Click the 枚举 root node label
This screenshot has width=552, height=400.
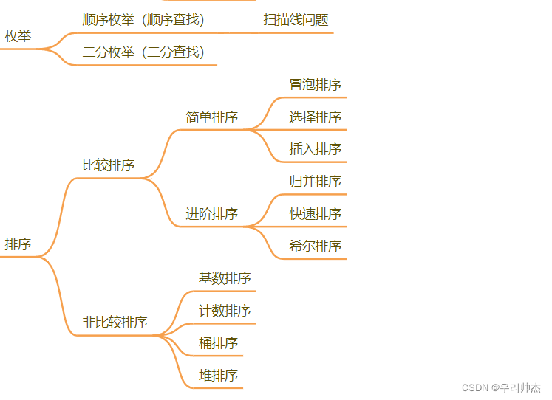18,35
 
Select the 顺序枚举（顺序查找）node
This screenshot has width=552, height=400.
143,19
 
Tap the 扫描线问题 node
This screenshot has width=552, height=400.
296,20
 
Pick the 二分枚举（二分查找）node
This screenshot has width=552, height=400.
143,52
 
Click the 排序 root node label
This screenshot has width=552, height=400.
18,244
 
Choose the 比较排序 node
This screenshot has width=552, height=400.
108,165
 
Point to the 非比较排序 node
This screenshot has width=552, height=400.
115,322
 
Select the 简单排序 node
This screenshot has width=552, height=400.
211,117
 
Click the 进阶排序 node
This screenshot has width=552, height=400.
211,214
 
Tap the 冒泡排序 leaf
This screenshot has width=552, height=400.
315,84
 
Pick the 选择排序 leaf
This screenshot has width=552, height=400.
315,117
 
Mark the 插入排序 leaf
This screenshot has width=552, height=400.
315,149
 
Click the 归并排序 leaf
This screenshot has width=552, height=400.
315,182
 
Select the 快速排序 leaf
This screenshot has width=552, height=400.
315,214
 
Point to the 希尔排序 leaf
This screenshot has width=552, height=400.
315,246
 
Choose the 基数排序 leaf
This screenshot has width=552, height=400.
225,278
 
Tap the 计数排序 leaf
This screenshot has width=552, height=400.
225,311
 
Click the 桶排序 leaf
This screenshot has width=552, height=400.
218,343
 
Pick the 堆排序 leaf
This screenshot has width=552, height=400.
218,376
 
